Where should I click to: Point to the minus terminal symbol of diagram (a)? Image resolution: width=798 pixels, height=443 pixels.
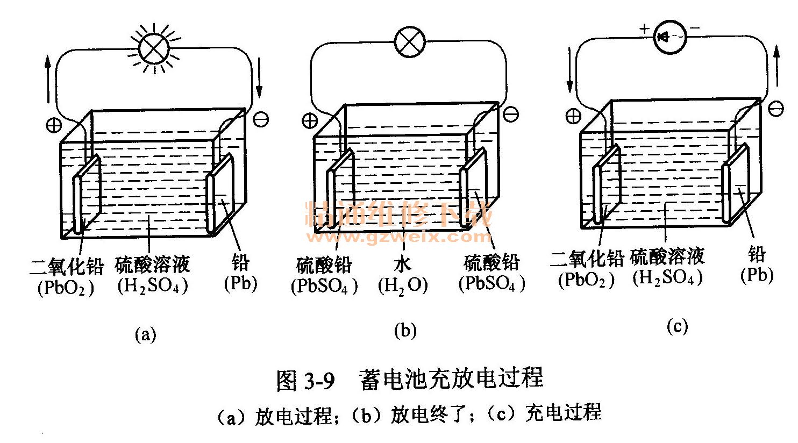pos(261,119)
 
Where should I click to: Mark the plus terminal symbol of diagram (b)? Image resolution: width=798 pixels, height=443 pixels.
pos(309,120)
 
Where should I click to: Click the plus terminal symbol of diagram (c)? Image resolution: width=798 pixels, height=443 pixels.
pos(573,115)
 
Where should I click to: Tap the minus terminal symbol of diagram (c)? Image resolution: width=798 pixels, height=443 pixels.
pos(776,109)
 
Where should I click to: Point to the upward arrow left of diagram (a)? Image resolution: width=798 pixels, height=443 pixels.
pos(48,81)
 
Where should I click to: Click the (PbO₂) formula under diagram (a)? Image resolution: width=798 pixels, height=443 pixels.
pos(66,288)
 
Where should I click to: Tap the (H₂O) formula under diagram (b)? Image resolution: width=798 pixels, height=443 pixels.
pos(403,285)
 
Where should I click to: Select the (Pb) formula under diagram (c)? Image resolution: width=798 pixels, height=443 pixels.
pos(757,275)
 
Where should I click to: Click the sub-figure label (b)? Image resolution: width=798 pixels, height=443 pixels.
pos(405,331)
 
